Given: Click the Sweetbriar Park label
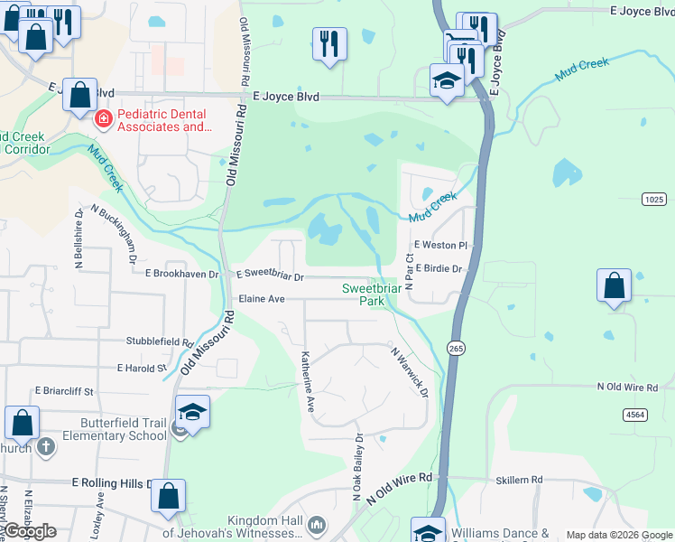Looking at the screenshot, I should [371, 294].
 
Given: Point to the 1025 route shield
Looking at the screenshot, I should [655, 198].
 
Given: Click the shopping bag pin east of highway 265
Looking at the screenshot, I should [614, 285].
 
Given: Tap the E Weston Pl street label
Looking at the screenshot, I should [440, 245].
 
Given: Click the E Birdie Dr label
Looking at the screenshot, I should [439, 268].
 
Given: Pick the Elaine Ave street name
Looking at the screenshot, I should [261, 298].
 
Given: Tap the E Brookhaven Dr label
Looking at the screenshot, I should [181, 273].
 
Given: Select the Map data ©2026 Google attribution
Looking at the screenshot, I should [618, 535].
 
